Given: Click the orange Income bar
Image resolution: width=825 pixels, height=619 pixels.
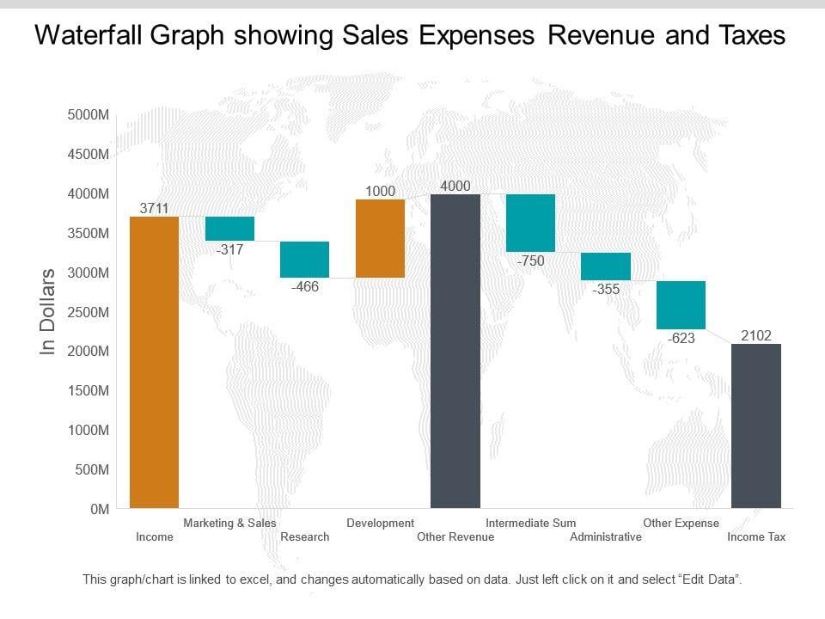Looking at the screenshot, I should coord(154,361).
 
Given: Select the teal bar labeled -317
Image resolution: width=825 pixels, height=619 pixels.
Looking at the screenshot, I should coord(229,229).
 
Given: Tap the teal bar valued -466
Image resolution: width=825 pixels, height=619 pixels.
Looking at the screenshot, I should coord(305,260).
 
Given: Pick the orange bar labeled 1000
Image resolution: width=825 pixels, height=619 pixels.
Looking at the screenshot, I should coord(380,238).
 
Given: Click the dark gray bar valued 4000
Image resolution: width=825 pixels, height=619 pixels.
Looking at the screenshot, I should coord(455,351).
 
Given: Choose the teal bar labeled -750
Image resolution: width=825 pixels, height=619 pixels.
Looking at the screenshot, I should coord(530,223).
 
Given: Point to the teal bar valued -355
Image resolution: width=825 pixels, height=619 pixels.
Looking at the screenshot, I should coord(606,267).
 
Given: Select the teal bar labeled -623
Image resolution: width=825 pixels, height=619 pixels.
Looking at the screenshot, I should coord(681,304).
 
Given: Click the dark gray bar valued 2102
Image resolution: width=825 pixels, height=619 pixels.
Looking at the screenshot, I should coord(756,426).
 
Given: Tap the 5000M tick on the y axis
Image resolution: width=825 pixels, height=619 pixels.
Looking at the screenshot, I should coord(88,115).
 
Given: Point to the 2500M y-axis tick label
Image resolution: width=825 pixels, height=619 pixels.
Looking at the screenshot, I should coord(88,312).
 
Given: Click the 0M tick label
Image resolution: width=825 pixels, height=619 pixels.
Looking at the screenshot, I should coord(100,509).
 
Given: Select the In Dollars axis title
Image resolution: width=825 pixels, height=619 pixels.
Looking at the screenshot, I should coord(48,311).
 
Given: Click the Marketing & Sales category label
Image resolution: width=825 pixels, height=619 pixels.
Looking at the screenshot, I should coord(229,523).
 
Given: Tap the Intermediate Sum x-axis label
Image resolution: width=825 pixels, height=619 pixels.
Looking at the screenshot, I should coord(530,523).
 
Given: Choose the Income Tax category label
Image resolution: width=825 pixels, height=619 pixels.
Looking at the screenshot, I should coord(756,537).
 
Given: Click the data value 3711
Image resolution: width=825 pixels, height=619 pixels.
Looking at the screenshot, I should coord(154,208).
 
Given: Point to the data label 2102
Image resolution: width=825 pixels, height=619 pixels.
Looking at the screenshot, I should coord(756,335).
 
